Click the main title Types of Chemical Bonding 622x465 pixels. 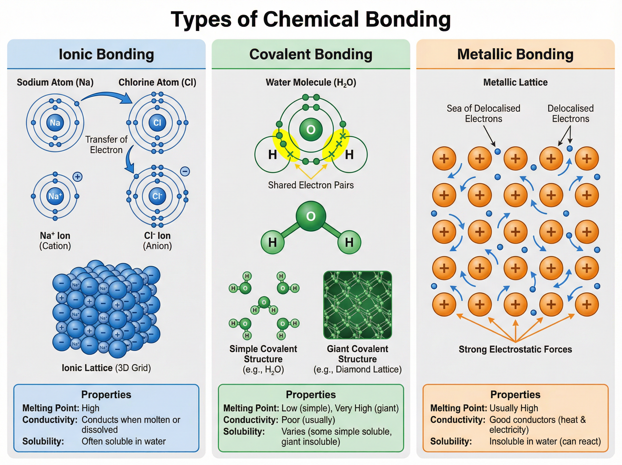point(311,20)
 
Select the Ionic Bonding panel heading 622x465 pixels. point(106,54)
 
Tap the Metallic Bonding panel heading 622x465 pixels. point(515,54)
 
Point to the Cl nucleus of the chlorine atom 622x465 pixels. point(157,123)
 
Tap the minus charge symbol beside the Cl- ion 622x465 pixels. point(185,171)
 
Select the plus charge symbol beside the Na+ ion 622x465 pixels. point(77,177)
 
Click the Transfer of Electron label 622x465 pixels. point(106,144)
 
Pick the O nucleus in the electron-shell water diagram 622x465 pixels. point(310,130)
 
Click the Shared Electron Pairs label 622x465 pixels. point(310,185)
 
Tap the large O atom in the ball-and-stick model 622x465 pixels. point(310,216)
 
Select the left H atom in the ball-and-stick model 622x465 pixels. point(272,242)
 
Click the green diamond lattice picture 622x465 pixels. point(357,305)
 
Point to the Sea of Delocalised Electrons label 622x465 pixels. point(483,113)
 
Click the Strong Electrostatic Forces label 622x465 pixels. point(515,349)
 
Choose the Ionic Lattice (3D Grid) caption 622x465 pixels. point(106,368)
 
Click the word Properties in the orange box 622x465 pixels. point(515,395)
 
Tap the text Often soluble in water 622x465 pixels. point(123,441)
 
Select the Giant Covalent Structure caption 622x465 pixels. point(357,354)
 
